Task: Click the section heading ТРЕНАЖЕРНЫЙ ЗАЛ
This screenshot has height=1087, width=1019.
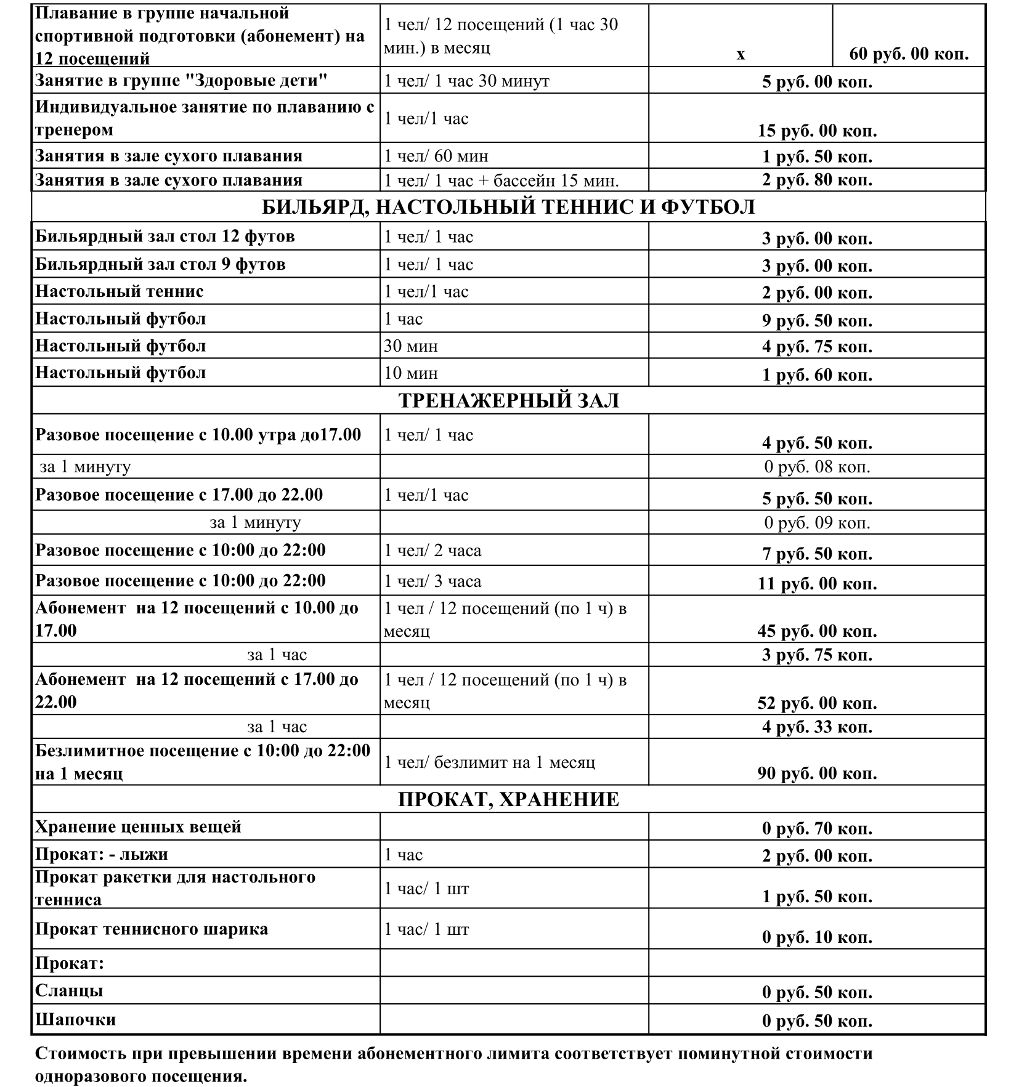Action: point(508,400)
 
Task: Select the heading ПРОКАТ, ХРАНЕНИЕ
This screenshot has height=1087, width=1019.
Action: point(508,799)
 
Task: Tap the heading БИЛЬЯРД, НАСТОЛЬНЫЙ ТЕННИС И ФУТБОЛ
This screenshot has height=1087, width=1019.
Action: point(508,207)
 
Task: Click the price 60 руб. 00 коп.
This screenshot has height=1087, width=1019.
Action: point(909,54)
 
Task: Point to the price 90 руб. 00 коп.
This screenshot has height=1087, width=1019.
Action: point(817,773)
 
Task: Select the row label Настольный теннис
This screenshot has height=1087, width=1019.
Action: point(120,291)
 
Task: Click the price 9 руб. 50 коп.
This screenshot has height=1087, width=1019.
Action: point(817,320)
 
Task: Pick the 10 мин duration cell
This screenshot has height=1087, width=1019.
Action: point(411,373)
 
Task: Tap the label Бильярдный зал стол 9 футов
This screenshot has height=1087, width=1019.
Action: point(160,264)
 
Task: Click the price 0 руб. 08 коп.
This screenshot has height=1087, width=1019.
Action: point(817,467)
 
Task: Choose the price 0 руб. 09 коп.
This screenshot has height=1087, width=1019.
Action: point(817,523)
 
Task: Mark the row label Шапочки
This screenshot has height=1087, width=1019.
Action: point(76,1019)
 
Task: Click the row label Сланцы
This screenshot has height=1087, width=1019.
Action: point(69,990)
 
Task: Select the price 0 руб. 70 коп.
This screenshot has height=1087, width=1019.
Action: point(817,828)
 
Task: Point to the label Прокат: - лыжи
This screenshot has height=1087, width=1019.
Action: point(102,854)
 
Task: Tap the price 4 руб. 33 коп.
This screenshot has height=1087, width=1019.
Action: point(817,727)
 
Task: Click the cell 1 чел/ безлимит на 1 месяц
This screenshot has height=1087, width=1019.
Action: point(490,762)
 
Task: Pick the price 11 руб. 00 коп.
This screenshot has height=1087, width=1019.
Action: point(817,583)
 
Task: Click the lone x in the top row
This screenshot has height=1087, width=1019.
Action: point(741,55)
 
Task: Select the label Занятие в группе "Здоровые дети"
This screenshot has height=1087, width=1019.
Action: point(181,81)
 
